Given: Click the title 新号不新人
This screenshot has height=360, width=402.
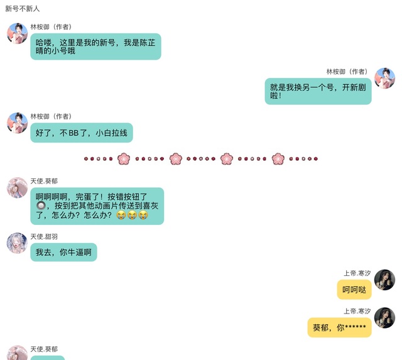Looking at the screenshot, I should (x=23, y=9).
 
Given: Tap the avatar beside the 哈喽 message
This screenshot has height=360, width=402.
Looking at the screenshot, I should (x=17, y=33).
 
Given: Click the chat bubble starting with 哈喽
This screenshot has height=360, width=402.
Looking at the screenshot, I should (x=95, y=46).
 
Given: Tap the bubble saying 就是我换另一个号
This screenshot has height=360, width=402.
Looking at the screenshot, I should (x=318, y=91).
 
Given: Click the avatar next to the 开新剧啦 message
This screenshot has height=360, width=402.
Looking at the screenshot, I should (x=384, y=79).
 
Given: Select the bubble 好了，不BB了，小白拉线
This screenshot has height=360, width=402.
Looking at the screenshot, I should (x=82, y=133).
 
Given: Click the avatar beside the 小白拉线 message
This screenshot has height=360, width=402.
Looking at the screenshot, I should (x=17, y=123).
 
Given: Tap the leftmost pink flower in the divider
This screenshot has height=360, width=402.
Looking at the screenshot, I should (x=124, y=159).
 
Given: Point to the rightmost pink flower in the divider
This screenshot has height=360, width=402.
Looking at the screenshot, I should (x=278, y=159).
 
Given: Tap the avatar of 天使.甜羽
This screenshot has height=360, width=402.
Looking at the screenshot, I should (x=17, y=243).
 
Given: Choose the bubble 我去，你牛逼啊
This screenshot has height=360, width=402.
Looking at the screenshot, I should (x=63, y=253).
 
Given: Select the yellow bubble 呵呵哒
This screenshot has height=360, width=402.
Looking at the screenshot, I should (x=354, y=290).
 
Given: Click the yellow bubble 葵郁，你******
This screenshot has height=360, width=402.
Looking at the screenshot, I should (x=339, y=327).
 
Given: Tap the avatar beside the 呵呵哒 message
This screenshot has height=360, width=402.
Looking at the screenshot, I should (x=384, y=280).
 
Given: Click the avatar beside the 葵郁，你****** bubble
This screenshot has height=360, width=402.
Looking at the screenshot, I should (x=384, y=318).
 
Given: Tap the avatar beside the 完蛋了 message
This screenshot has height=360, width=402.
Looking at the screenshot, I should (x=17, y=187).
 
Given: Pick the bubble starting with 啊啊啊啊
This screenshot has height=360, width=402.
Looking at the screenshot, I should (x=97, y=206).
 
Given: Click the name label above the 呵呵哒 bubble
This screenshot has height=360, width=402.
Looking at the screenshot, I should (x=357, y=273).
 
